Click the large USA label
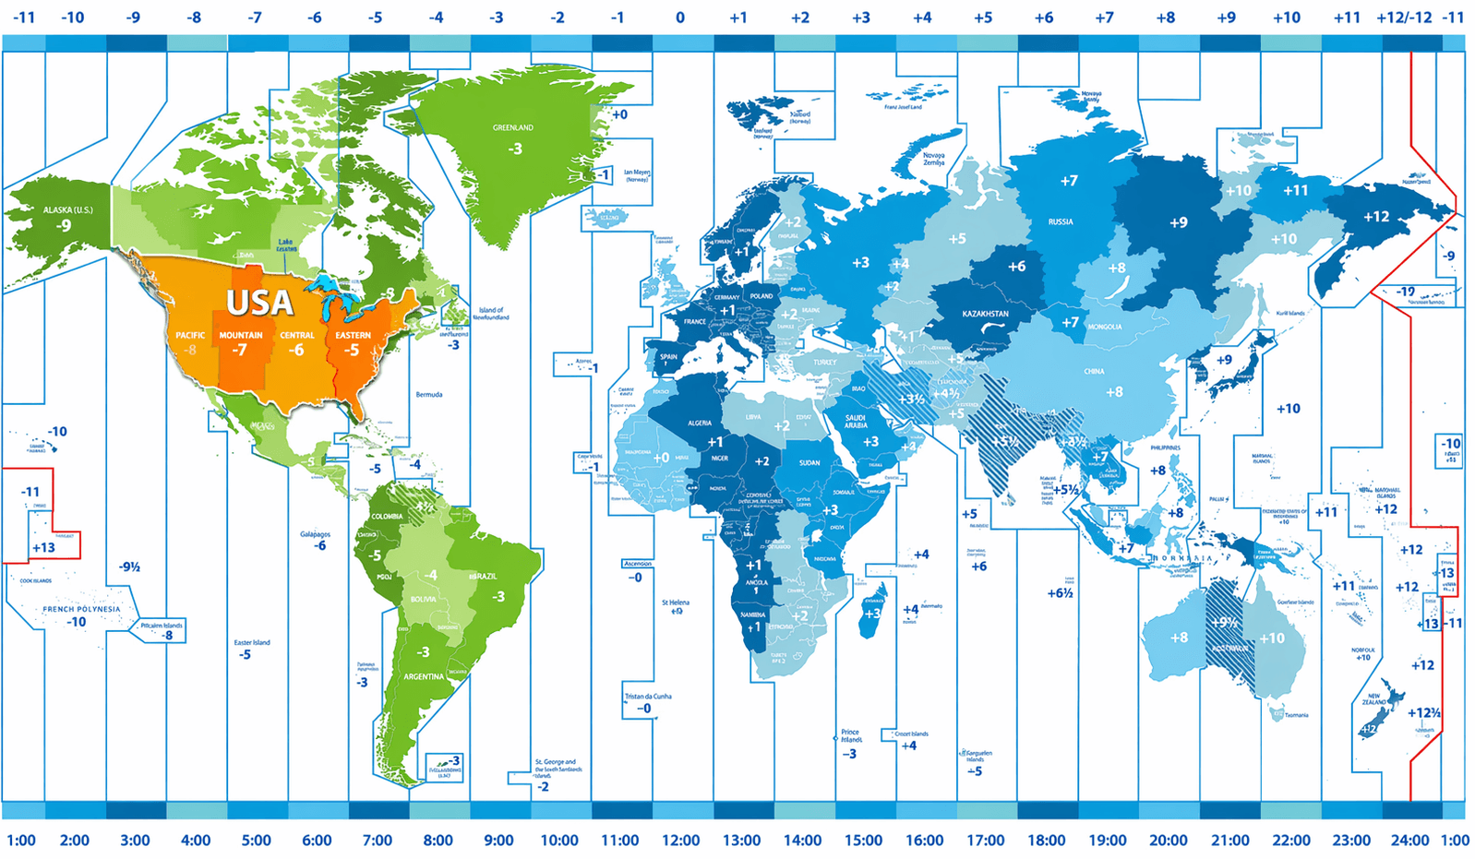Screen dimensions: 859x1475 [259, 303]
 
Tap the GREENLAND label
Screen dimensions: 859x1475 [512, 127]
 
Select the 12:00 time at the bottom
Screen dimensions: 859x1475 [680, 841]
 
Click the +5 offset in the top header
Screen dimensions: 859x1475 [983, 18]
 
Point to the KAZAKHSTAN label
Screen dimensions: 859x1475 [985, 314]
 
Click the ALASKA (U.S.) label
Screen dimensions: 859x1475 [67, 210]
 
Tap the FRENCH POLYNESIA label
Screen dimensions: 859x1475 [81, 609]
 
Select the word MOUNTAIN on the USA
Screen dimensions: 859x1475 [241, 335]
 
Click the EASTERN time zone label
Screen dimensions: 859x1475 [353, 335]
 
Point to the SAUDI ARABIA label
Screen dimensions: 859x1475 [856, 422]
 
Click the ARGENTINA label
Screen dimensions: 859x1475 [424, 676]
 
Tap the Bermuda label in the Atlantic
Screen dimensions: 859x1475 [428, 395]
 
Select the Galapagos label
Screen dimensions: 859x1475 [315, 534]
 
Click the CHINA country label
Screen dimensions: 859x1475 [1094, 372]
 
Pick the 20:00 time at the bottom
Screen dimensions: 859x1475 [1168, 841]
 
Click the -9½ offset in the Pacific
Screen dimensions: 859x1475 [129, 567]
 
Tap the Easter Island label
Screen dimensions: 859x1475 [252, 642]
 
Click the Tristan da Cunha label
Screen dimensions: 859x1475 [648, 697]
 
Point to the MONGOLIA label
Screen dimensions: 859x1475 [1105, 327]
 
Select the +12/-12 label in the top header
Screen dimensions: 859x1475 [1404, 18]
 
